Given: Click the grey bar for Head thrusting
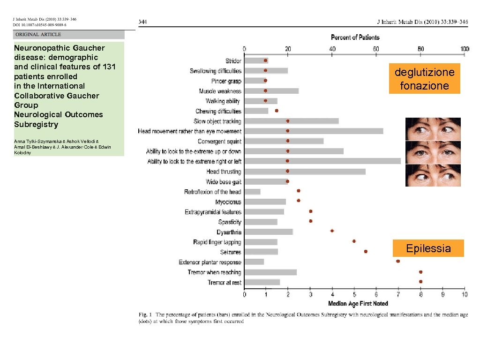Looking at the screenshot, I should coord(305,172).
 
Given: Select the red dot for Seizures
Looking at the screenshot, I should coord(366,252).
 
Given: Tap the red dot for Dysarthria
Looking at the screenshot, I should coord(332,231).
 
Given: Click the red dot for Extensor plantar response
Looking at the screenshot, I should coord(398,262).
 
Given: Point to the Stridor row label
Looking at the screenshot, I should coord(233,61).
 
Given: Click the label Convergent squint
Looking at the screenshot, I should coord(219,142).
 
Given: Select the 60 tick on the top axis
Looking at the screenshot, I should coord(376,49).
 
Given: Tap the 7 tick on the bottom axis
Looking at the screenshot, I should coord(398,294).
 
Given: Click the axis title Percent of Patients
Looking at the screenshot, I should coord(355,37).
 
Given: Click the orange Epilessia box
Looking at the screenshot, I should coord(428,248).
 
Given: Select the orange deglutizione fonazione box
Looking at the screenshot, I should coord(424,79).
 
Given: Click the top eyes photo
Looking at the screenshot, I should coord(433,129).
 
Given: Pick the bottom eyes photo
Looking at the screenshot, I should coord(433,175).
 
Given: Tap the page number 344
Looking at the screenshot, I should coord(143,21).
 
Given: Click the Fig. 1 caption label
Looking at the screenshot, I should coord(145,315).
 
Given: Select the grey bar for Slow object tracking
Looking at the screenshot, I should coord(291,121).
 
